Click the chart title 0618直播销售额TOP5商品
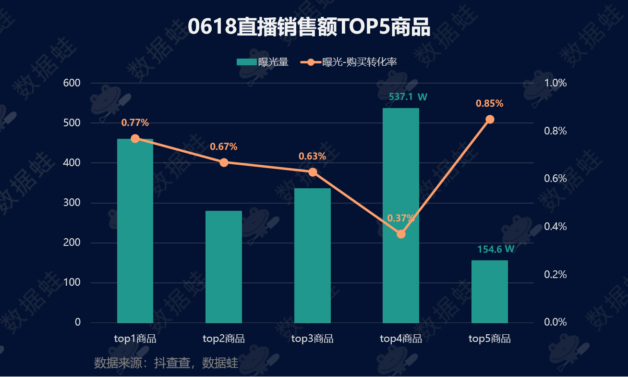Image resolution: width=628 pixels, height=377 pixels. point(309,27)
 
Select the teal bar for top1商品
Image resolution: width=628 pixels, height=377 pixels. point(135,231)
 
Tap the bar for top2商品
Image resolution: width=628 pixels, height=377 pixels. point(224,267)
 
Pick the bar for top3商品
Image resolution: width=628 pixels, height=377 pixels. point(313,255)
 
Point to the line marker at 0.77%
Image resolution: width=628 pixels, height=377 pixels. point(135,138)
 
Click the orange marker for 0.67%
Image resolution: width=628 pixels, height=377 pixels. point(224,162)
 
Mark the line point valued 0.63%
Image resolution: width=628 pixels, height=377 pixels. point(313,172)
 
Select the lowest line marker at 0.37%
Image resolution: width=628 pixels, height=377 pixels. point(401,234)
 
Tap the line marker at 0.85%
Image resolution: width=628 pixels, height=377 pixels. point(489,119)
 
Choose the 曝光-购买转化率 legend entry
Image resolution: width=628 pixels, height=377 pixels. point(349,62)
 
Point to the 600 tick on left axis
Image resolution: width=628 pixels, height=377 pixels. point(72,83)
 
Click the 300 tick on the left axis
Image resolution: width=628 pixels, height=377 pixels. point(72,203)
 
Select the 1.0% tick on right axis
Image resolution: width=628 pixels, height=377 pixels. point(556,83)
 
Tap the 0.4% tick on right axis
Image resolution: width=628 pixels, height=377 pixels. point(556,226)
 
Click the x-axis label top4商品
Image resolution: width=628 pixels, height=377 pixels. point(401,339)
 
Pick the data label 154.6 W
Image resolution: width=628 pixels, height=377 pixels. point(496,249)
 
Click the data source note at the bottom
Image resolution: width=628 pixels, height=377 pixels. point(166,363)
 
